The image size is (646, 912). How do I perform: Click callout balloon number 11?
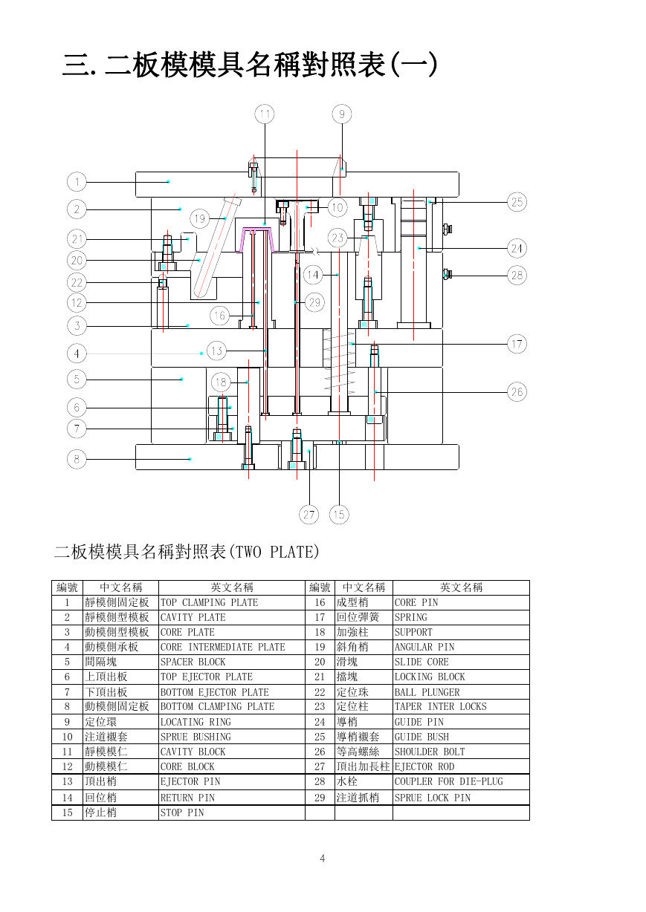[x=265, y=114]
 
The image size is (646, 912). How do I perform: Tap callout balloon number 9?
[x=341, y=114]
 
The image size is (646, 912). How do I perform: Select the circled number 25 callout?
[x=517, y=202]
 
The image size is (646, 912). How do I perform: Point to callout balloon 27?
[x=309, y=515]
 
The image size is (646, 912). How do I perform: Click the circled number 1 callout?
[x=77, y=182]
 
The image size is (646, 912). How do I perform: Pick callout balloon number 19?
[x=200, y=218]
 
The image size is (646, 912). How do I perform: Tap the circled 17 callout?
[x=517, y=344]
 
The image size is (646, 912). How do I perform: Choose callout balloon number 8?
[x=77, y=459]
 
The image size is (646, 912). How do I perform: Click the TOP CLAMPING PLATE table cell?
[x=231, y=602]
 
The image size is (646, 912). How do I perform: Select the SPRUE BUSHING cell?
[x=231, y=737]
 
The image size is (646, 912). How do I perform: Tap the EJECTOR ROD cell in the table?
[x=461, y=766]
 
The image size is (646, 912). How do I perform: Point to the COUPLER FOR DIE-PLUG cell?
[x=461, y=782]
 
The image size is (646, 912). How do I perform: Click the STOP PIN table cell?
[x=231, y=812]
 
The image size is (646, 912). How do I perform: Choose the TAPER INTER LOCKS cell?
[x=461, y=706]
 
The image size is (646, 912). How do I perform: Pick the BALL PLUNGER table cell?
[x=461, y=692]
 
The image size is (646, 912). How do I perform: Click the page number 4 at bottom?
[x=323, y=859]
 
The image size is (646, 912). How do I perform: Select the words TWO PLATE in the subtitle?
[x=275, y=552]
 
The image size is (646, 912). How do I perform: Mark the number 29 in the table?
[x=320, y=798]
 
